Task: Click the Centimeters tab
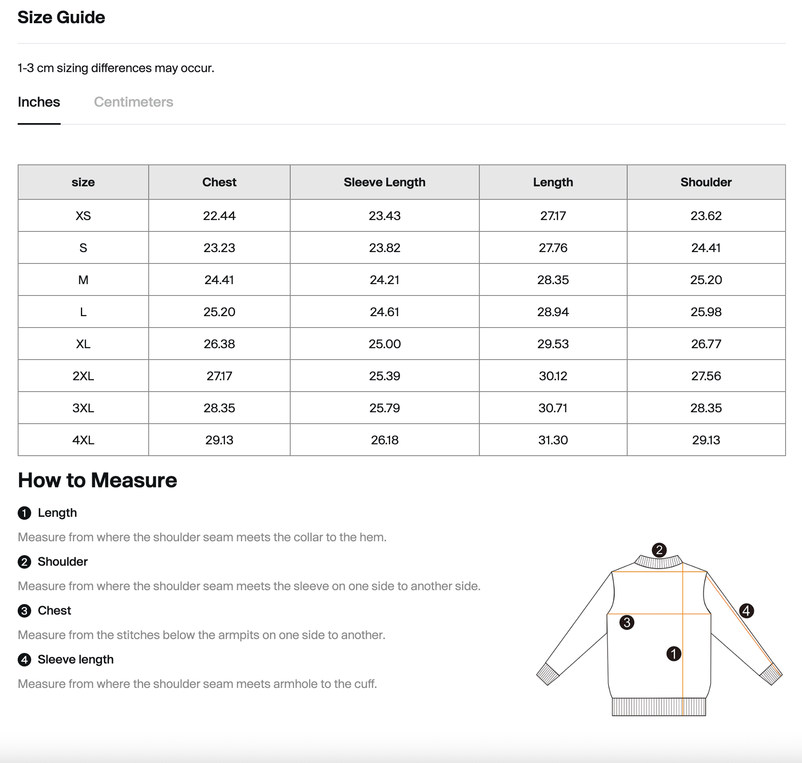134,102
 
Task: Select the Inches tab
39,102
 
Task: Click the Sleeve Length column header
384,182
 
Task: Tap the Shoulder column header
706,182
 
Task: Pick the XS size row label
83,216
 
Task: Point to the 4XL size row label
83,440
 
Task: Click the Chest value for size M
219,280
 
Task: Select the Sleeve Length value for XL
384,344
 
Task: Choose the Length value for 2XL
553,376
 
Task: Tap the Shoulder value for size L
706,312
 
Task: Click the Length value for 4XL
553,440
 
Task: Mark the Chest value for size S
219,248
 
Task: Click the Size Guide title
61,17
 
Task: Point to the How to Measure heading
97,480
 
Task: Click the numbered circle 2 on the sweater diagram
659,550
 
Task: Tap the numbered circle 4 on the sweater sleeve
746,610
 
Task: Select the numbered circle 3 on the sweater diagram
627,622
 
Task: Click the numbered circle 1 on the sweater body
674,654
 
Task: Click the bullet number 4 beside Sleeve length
24,660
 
